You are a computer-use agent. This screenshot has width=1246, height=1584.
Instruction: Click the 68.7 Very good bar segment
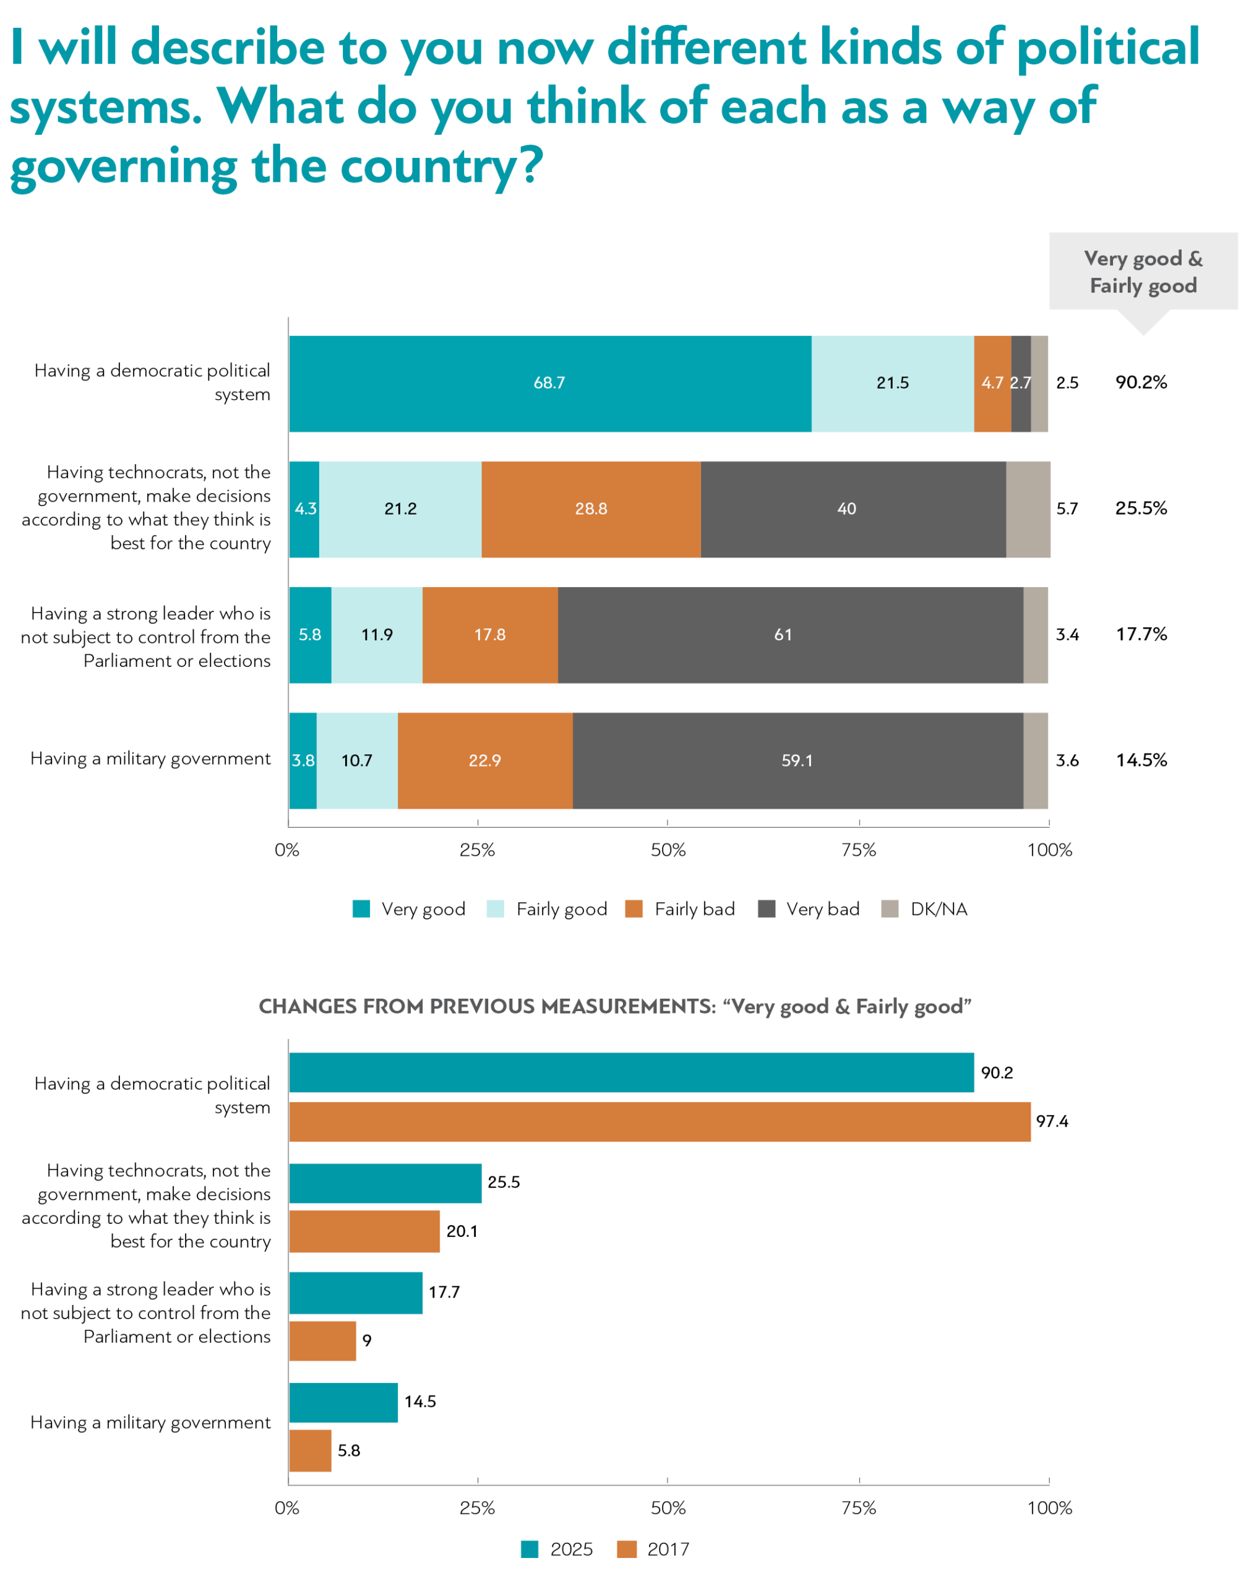tap(549, 384)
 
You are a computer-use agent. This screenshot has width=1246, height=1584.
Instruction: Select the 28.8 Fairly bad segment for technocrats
tap(591, 509)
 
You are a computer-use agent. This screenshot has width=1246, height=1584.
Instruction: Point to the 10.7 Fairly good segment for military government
tap(357, 760)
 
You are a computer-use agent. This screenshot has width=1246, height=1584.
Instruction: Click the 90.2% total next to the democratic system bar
tap(1141, 382)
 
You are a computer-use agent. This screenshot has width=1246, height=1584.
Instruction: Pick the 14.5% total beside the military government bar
tap(1141, 760)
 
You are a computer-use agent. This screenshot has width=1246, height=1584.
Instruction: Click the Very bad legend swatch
tap(767, 909)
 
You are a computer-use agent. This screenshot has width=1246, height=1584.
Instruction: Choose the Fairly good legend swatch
tap(496, 909)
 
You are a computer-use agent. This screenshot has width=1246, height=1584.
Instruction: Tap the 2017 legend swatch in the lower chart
tap(627, 1549)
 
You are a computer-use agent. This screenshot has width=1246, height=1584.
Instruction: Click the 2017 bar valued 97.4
tap(660, 1121)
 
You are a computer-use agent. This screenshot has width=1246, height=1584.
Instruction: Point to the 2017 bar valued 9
tap(322, 1340)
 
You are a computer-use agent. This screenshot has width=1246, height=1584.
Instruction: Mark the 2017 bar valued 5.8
tap(310, 1450)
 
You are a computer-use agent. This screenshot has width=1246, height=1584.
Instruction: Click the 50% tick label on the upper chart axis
tap(668, 850)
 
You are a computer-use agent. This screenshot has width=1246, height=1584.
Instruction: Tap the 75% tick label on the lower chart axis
tap(859, 1508)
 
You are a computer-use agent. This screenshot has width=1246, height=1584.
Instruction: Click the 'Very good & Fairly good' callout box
tap(1143, 272)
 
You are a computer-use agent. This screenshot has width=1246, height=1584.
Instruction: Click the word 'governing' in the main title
tap(124, 166)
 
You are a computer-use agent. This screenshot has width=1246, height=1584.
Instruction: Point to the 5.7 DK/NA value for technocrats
tap(1067, 509)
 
